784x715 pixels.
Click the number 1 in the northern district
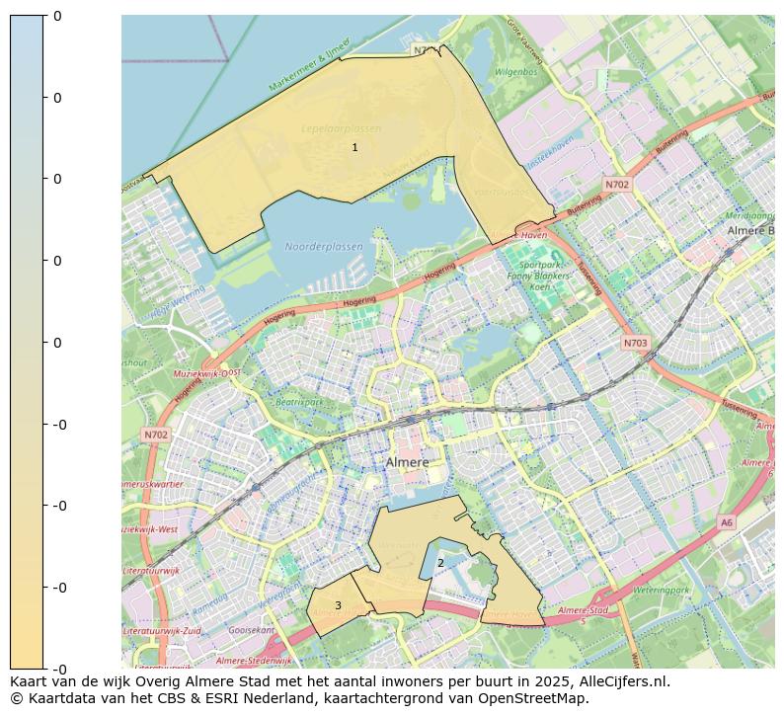[x=354, y=147]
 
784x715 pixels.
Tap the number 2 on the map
[x=440, y=563]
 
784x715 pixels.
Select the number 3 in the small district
[x=338, y=605]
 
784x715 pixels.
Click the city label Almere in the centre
[x=407, y=462]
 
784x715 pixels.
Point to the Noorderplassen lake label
[x=323, y=247]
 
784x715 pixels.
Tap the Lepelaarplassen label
[x=341, y=128]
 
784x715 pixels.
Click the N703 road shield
[x=636, y=343]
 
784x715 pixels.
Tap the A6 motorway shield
[x=727, y=522]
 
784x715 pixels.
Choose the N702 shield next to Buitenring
[x=617, y=185]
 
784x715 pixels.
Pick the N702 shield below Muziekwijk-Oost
[x=156, y=434]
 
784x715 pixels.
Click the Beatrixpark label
[x=300, y=402]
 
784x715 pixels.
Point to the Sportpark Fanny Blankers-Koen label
[x=545, y=276]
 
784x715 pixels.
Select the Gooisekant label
[x=251, y=629]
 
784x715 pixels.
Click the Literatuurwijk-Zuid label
[x=163, y=630]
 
